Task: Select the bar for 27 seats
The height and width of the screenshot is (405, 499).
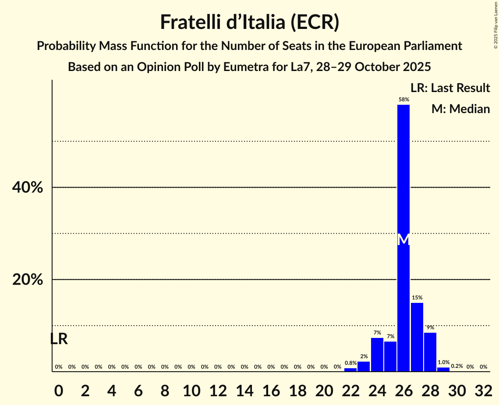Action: click(417, 337)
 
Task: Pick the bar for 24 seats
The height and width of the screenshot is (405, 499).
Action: click(377, 355)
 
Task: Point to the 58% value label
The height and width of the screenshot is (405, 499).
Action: click(403, 100)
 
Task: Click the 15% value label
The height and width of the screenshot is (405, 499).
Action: click(417, 298)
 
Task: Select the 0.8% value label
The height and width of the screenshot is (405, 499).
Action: click(350, 363)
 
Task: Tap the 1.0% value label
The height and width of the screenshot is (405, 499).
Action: click(443, 362)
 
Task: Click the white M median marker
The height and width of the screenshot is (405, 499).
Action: click(403, 240)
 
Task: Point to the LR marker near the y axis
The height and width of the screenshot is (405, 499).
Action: click(59, 339)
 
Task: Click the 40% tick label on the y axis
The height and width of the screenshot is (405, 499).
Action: click(28, 188)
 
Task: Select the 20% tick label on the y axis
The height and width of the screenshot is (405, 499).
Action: click(28, 280)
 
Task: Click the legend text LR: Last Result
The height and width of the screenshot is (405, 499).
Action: click(450, 88)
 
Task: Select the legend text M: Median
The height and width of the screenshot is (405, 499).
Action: click(460, 109)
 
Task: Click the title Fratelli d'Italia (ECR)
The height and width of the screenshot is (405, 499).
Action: click(250, 22)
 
